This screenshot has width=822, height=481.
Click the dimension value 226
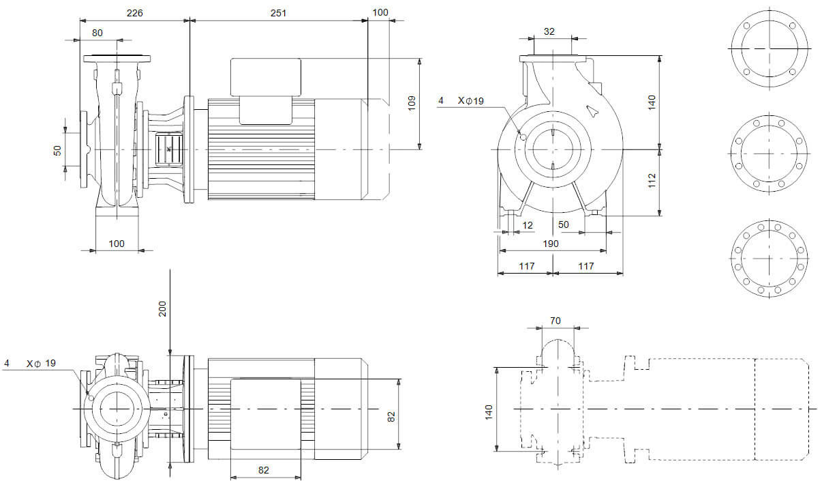134,12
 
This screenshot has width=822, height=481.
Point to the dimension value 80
97,32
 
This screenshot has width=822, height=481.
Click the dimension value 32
550,31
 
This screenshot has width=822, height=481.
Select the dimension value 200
162,310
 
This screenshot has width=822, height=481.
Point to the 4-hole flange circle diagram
769,48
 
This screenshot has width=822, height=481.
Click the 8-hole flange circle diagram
769,154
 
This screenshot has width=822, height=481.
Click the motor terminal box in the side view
266,77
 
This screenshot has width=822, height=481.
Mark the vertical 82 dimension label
391,416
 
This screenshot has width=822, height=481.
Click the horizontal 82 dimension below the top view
264,469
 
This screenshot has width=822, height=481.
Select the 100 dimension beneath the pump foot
117,244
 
